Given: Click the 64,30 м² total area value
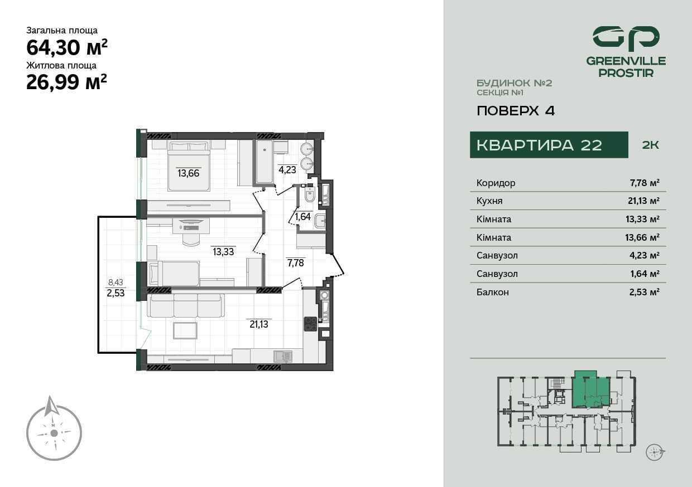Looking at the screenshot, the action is coord(67,47).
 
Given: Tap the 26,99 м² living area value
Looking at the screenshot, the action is coord(67,82).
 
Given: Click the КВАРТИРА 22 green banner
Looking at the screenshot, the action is coord(549,145).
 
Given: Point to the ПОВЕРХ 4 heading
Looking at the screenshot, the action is coord(516,111).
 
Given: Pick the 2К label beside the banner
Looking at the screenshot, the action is coord(650,145).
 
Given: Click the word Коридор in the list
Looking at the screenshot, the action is coord(496,183).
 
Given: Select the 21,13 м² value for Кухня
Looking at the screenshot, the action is coord(643,201).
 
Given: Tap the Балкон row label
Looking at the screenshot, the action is coord(492,292).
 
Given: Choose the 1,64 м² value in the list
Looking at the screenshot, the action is coord(645,274).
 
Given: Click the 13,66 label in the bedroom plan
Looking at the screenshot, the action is coord(189,173).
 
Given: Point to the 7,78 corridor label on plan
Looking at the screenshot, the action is coord(296,263).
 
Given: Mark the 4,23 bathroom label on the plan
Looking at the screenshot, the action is coord(287,169).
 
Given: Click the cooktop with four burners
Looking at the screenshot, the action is coord(310,324).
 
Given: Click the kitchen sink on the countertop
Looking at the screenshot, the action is coord(283,357).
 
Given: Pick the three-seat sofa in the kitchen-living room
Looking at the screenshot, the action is coord(186,305).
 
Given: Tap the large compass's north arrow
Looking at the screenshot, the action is coord(51,406).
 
